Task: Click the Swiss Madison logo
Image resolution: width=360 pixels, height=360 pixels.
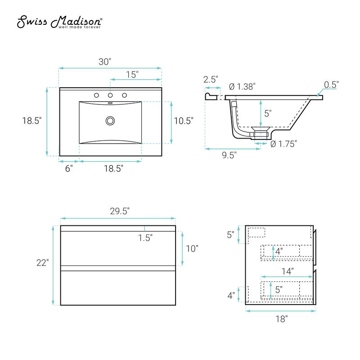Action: click(59, 22)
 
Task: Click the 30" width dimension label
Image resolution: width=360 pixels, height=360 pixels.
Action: click(105, 62)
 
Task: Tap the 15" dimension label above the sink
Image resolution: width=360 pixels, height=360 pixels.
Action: click(132, 75)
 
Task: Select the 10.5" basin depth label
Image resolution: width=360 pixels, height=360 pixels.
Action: click(184, 121)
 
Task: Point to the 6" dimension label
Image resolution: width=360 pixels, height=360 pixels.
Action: click(69, 168)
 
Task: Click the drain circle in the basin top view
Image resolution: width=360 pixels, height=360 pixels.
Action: click(110, 121)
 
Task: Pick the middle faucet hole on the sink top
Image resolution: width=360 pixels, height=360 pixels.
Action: click(110, 95)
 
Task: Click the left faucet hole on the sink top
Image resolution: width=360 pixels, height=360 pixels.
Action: click(96, 95)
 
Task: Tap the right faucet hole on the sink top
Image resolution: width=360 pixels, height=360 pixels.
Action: click(125, 95)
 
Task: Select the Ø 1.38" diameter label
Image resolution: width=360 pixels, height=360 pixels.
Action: click(242, 87)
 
